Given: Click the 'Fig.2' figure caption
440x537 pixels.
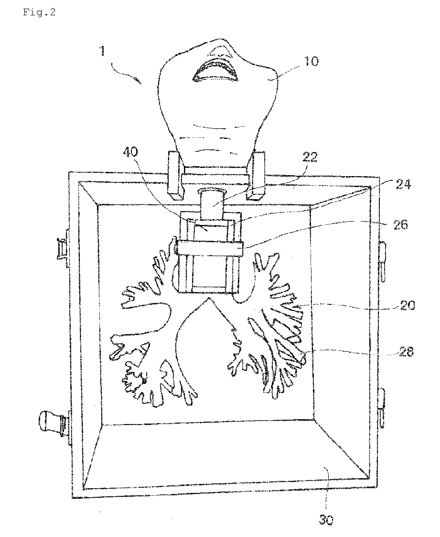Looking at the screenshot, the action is [39, 12].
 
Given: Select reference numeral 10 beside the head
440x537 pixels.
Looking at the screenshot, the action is [311, 61].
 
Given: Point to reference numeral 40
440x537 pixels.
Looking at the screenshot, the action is [131, 152].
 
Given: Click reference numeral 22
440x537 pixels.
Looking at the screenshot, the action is [310, 157].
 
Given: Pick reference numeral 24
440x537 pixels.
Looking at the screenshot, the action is [403, 185].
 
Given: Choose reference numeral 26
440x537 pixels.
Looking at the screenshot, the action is [400, 224].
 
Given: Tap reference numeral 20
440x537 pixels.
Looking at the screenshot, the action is [407, 305].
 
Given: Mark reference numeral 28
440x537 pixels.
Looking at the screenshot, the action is [406, 351].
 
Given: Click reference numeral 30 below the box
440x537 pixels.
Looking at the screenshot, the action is [326, 520].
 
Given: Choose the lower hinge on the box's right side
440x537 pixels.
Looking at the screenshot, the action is [383, 408].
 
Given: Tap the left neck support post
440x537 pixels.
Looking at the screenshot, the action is [176, 175].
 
